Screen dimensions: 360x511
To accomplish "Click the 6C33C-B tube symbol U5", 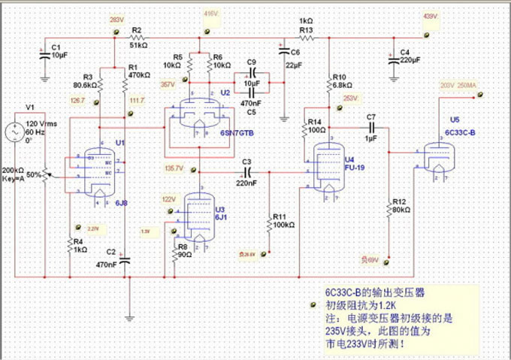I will click(438, 159).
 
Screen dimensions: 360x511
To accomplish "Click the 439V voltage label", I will click(430, 16).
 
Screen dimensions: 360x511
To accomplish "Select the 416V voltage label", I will click(210, 14).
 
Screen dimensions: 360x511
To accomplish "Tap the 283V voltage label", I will click(116, 19).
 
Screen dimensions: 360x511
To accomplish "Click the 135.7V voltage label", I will click(174, 168).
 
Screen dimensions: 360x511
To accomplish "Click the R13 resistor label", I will click(305, 30).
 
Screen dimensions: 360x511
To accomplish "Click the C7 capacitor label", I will click(370, 118).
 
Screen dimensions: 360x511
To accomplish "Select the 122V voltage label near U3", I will click(168, 200).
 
